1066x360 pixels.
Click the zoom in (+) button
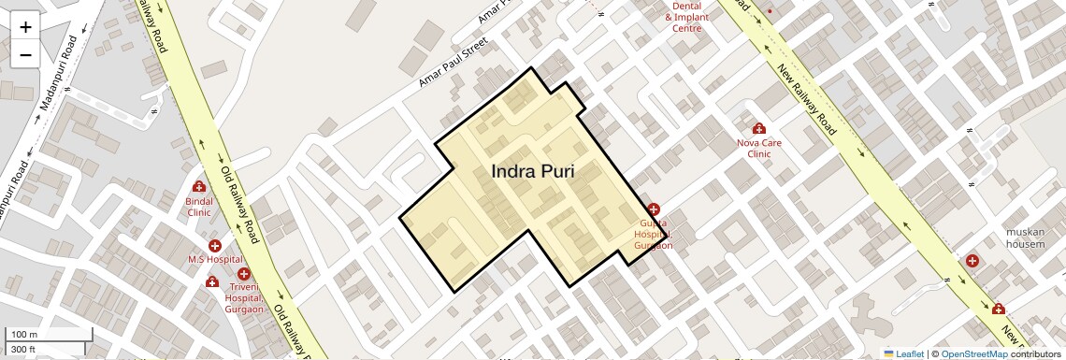[25, 26]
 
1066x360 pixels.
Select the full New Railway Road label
[805, 98]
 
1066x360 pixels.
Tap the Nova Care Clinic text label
[758, 148]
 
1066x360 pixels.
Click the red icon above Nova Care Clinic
[758, 128]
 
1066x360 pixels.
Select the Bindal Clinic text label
[199, 206]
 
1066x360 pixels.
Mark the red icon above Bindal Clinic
[199, 186]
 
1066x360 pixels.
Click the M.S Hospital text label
[215, 259]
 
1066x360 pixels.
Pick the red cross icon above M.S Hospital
[215, 245]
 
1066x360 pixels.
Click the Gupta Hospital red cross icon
[654, 209]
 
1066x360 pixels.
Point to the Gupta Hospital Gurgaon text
[653, 234]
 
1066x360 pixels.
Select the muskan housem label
[1025, 238]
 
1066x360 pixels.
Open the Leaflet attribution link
[903, 353]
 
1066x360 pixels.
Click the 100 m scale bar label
[24, 335]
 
